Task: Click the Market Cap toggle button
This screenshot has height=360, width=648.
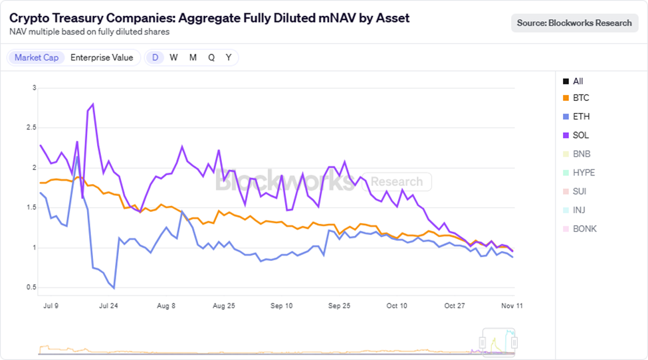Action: [37, 58]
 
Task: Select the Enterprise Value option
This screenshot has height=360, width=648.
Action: [102, 58]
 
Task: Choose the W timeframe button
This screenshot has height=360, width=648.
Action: [173, 58]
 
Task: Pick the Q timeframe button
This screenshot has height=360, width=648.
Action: [211, 58]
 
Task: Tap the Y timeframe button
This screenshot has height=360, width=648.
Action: [229, 58]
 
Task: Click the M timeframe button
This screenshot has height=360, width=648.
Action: [193, 58]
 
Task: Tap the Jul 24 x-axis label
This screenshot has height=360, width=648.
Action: [108, 306]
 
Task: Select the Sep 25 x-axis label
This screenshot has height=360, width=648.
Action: [339, 306]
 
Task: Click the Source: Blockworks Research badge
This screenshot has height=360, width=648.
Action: [574, 23]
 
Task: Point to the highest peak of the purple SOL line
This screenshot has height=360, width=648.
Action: [93, 104]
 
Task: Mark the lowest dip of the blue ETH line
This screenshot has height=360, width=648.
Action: [114, 288]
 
